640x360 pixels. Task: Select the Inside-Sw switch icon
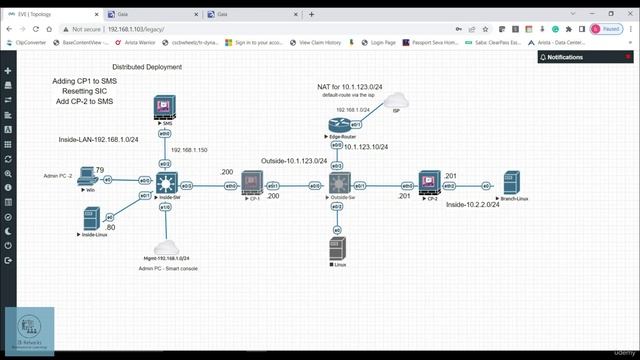click(165, 184)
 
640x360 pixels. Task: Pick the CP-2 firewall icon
click(429, 184)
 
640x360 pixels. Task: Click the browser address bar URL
click(150, 30)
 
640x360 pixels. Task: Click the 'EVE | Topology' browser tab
click(45, 14)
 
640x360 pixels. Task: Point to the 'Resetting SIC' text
click(85, 91)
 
